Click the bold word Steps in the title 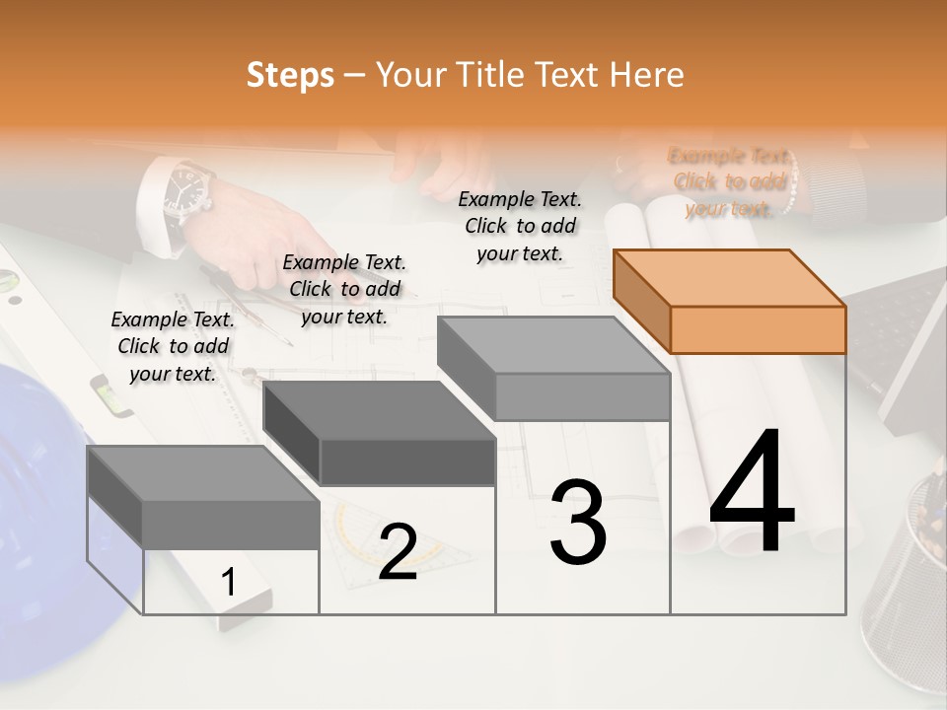click(x=290, y=75)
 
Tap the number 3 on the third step click(x=578, y=523)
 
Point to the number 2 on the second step click(x=398, y=551)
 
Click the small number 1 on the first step click(x=228, y=583)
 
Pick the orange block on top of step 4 click(x=730, y=301)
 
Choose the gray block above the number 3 click(x=554, y=368)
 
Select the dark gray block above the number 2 click(x=380, y=434)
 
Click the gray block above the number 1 click(x=204, y=497)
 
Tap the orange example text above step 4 click(x=730, y=182)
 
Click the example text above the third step click(x=520, y=226)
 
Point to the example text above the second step click(x=344, y=289)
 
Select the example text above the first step click(x=173, y=346)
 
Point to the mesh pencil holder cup click(x=908, y=582)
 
